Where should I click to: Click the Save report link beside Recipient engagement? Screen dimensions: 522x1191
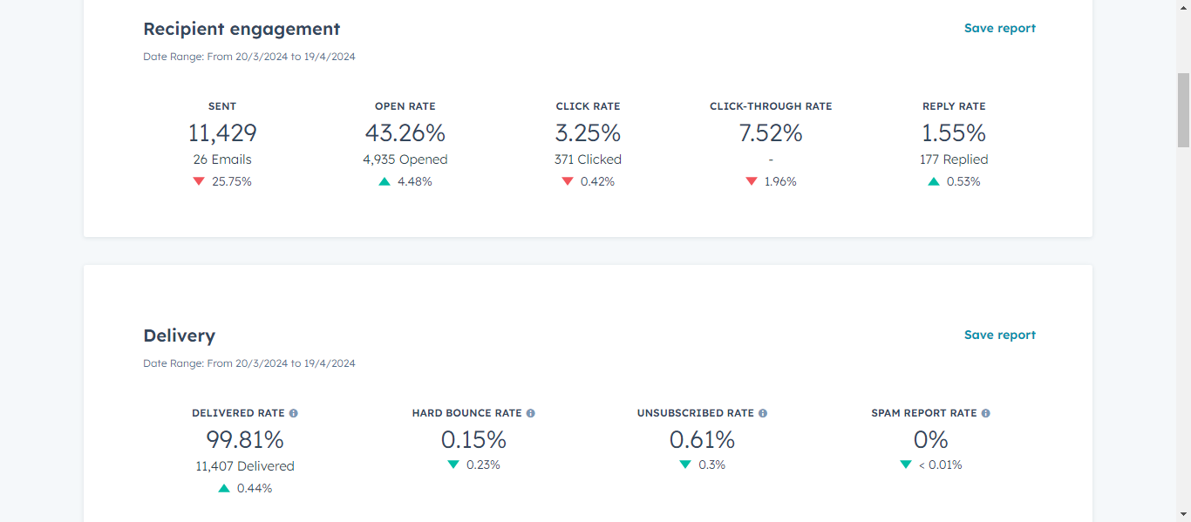(999, 29)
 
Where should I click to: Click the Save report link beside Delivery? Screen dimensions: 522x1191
(999, 336)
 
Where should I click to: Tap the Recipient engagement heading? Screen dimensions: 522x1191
(242, 29)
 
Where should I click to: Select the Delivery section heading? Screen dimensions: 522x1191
(179, 336)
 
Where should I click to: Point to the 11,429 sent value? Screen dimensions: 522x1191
(222, 133)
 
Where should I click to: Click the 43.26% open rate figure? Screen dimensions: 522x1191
(405, 133)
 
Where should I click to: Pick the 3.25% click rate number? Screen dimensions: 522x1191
(588, 133)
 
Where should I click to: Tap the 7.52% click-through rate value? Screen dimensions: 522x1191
(771, 133)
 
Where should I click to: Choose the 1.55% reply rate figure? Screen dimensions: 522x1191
(954, 133)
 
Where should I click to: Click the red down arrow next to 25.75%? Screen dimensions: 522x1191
(199, 181)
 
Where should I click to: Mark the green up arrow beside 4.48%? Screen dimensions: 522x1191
(385, 181)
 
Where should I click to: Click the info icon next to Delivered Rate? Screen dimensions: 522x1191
(294, 413)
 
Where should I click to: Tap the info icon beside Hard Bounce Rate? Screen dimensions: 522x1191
(531, 413)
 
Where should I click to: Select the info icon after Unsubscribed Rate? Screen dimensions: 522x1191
(763, 413)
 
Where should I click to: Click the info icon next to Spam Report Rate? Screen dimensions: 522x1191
(986, 413)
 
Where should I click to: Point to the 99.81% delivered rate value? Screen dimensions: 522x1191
(245, 440)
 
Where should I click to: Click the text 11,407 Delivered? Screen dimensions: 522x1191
(245, 466)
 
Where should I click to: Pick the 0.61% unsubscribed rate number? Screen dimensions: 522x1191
(702, 440)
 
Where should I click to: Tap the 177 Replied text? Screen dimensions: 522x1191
(954, 159)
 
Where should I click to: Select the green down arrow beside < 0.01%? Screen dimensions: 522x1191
(906, 464)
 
